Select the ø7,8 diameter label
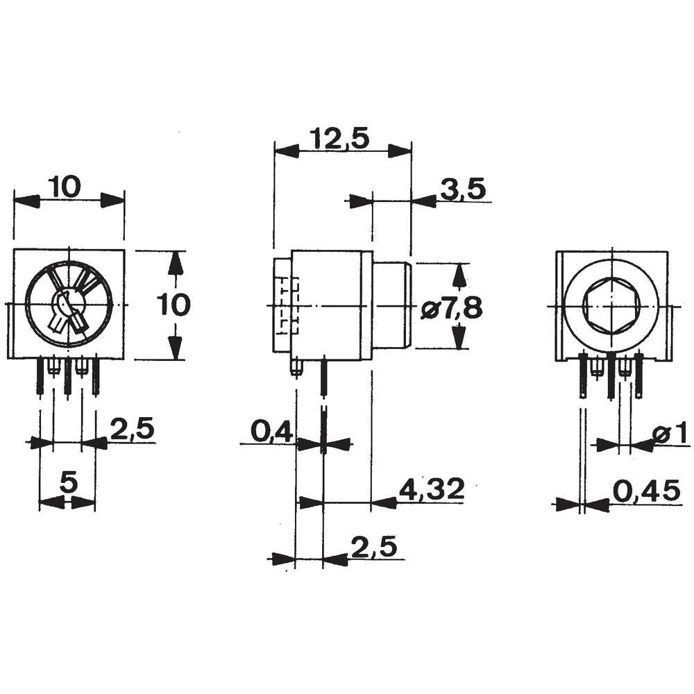(x=451, y=306)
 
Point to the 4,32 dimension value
(x=430, y=490)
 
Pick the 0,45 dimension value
(x=646, y=491)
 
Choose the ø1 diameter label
(x=669, y=434)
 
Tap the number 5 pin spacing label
(x=67, y=481)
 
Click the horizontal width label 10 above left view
(x=65, y=186)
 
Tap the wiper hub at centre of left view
(x=68, y=304)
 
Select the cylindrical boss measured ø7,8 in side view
(x=393, y=305)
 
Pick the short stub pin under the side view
(x=296, y=368)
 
